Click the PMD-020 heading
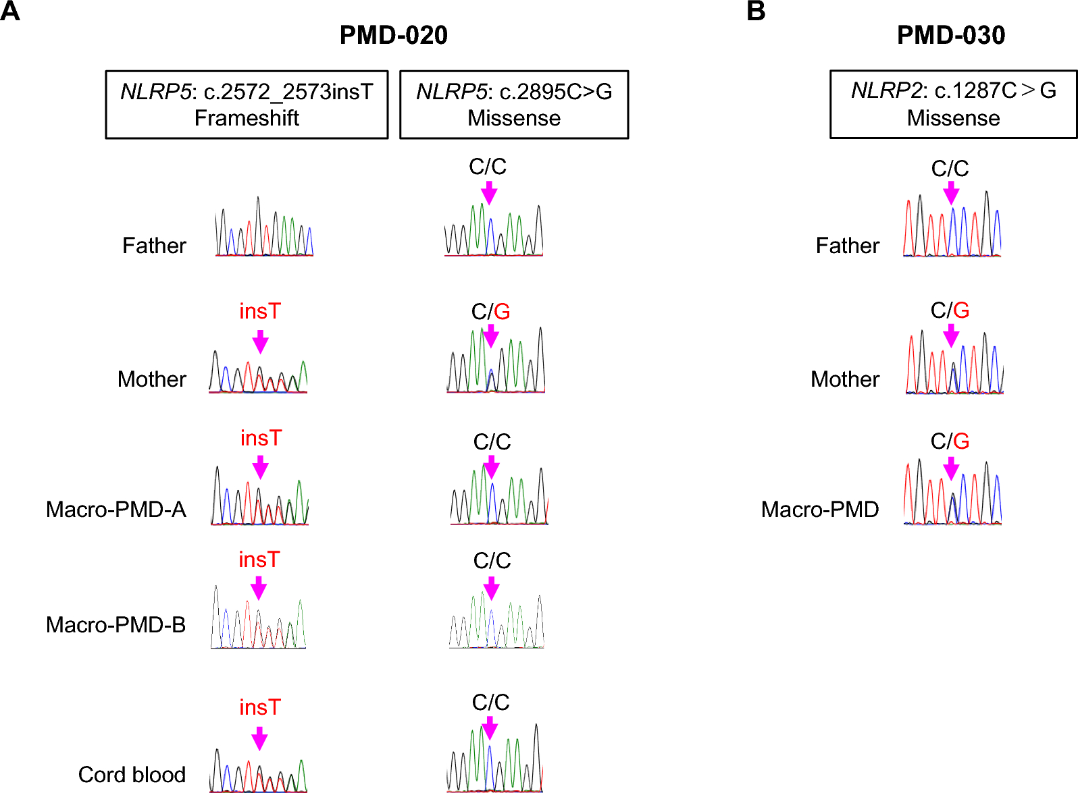[x=393, y=35]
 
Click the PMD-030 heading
[x=951, y=35]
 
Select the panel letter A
[x=10, y=11]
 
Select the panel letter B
[x=756, y=11]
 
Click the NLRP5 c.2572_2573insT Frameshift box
[x=247, y=105]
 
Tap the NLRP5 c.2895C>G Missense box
[x=514, y=105]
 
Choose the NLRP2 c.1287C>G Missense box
[x=953, y=104]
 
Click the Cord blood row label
[x=132, y=774]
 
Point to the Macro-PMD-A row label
[x=116, y=509]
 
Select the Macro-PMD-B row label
[x=116, y=624]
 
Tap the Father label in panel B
[x=848, y=245]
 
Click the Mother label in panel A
[x=152, y=379]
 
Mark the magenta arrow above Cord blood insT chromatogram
[x=259, y=738]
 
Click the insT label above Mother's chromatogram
[x=260, y=311]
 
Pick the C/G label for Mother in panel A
[x=490, y=311]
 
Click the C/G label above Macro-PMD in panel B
[x=950, y=441]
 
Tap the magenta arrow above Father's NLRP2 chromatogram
[x=951, y=194]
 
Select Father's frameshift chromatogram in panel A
[x=264, y=227]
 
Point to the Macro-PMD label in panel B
[x=820, y=509]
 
